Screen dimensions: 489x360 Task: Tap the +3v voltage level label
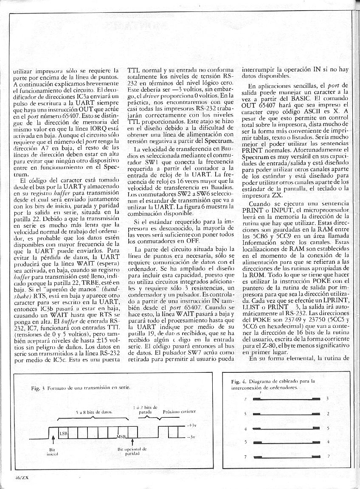(x=191, y=425)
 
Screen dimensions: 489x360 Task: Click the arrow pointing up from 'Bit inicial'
(x=52, y=441)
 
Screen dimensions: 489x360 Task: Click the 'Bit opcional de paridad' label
(x=132, y=451)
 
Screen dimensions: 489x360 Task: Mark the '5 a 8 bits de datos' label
(x=94, y=412)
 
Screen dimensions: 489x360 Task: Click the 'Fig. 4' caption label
(x=234, y=381)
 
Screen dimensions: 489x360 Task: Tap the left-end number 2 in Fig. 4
(x=245, y=399)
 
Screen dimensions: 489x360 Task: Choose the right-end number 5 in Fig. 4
(x=328, y=428)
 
